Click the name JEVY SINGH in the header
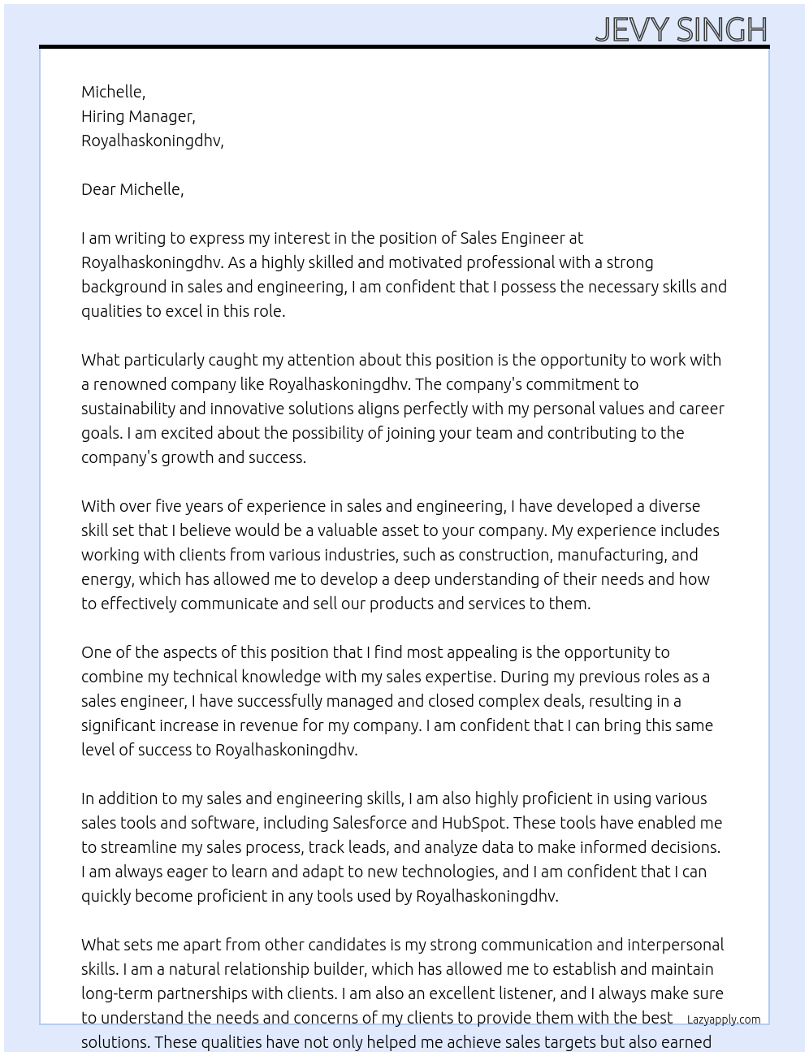[681, 29]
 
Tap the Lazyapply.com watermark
[724, 1019]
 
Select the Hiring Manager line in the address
[138, 116]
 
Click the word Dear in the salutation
[98, 189]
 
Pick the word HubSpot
[474, 823]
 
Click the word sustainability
[128, 409]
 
